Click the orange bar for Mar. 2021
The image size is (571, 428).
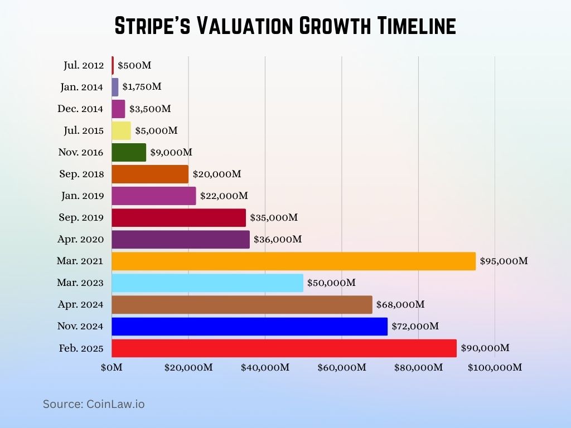coord(293,261)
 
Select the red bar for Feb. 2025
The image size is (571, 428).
coord(284,348)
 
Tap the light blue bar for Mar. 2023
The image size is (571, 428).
coord(207,283)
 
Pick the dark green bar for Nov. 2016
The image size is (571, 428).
coord(129,152)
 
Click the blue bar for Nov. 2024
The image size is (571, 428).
coord(249,327)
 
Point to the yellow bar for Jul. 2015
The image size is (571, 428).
coord(121,130)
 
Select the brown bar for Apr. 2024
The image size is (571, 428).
coord(241,305)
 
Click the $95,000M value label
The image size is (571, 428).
coord(504,261)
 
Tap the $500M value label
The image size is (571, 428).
coord(134,65)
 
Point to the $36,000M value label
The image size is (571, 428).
coord(278,239)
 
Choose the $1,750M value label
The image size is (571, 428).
coord(142,87)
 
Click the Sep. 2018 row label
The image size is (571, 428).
coord(81,174)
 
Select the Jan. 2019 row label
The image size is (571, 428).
coord(82,196)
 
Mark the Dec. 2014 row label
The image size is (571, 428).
coord(80,109)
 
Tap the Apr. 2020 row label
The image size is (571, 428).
coord(81,239)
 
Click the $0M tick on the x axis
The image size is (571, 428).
coord(112,367)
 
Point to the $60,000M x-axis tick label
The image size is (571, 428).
coord(342,367)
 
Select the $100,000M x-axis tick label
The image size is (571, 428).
coord(495,367)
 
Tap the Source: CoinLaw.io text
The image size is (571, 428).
coord(94,404)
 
